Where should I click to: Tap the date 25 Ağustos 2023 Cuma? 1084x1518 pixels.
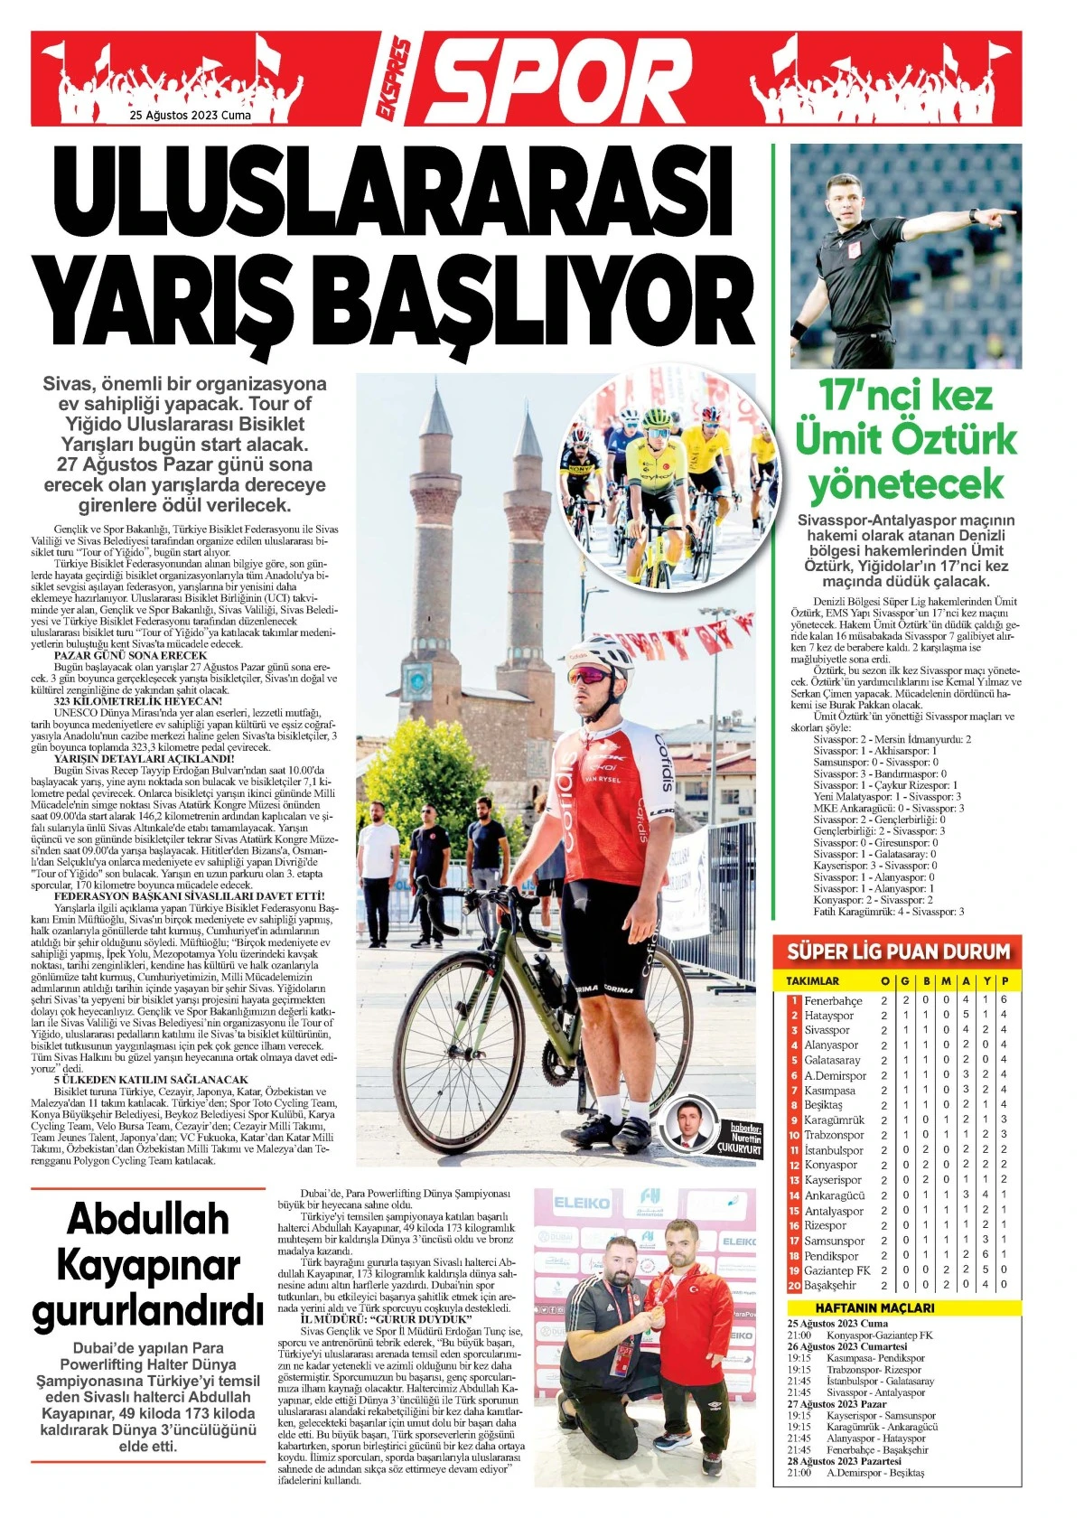[x=191, y=116]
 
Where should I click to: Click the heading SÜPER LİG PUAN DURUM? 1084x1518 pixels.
[x=898, y=951]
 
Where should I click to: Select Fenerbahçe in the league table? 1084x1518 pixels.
[x=833, y=1000]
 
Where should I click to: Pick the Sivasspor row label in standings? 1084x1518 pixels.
[x=827, y=1030]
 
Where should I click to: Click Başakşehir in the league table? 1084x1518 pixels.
[x=829, y=1285]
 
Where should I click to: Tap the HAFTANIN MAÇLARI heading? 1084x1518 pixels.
[x=874, y=1307]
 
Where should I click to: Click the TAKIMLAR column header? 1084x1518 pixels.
[x=812, y=980]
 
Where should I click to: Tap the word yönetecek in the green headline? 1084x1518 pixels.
[x=906, y=484]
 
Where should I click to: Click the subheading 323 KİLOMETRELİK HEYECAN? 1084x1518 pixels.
[x=138, y=700]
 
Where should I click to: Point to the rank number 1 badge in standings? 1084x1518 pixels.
[x=795, y=1000]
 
